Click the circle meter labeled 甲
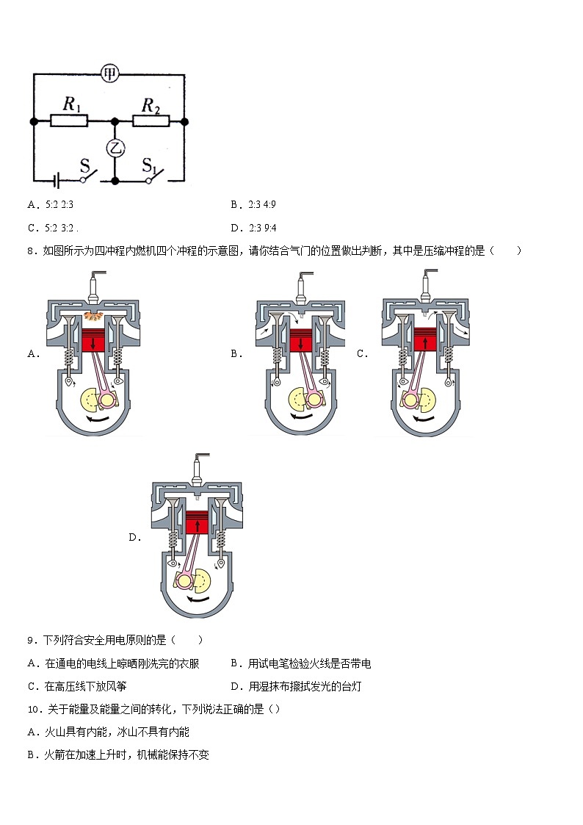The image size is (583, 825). (x=110, y=73)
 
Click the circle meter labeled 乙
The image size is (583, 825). (x=115, y=148)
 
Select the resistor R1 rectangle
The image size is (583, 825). (x=69, y=121)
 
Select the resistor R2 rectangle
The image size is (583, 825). (x=151, y=121)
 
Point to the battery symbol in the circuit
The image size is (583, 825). (x=54, y=179)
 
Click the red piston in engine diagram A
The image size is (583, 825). (x=93, y=342)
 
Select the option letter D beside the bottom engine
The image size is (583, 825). (x=134, y=537)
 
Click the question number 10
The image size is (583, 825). (x=33, y=709)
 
